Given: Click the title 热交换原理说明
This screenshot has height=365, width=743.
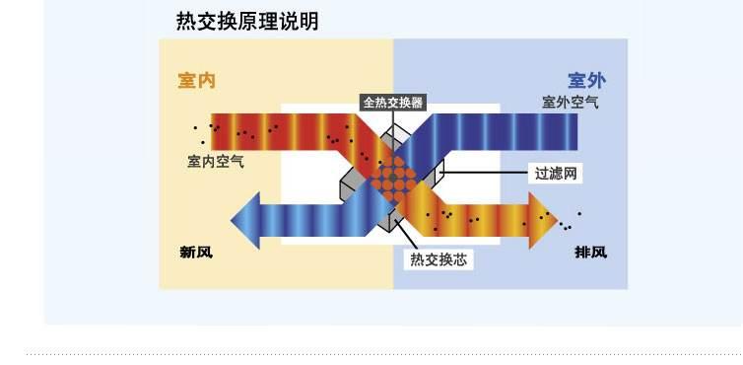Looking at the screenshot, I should point(247,21).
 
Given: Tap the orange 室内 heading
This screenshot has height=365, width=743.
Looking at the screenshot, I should point(196,81).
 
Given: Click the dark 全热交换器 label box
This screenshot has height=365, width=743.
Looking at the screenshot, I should point(393,102).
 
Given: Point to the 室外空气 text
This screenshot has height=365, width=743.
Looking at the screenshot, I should point(569,102).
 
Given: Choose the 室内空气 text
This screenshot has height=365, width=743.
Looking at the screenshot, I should point(216,160).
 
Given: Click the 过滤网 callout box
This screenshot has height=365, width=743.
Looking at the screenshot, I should point(554,174).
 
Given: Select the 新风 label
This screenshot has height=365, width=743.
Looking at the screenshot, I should point(195,252).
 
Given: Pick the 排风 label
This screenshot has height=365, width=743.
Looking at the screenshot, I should point(590,252).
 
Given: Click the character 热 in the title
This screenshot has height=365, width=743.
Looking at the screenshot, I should point(185,21).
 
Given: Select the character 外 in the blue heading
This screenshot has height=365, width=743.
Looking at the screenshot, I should point(597,81).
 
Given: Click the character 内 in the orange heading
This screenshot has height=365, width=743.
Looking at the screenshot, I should point(206,81).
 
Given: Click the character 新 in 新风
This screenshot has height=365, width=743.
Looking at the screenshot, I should point(187,252).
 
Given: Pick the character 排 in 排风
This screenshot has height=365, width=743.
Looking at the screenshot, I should point(582,252).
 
